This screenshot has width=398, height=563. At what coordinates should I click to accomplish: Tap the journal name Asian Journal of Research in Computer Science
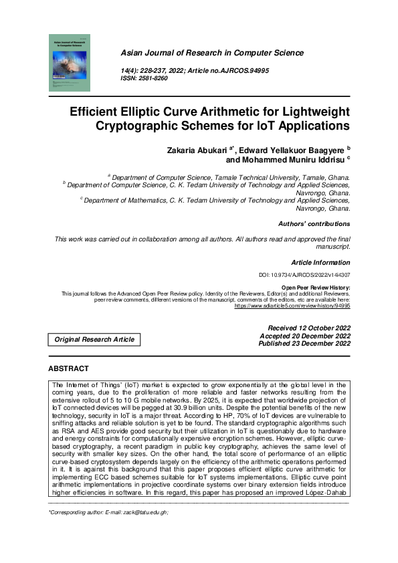pos(212,53)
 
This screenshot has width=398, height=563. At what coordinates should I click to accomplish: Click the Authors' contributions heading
pos(314,224)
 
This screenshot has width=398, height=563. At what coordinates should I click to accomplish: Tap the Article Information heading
pos(320,263)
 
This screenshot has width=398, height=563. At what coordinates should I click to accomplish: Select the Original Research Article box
pos(94,340)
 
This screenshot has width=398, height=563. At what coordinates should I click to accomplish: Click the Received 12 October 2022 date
pos(309,328)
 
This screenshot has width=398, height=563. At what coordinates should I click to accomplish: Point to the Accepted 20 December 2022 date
pos(305,336)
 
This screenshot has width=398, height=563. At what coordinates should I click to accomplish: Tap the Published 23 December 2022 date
pos(304,344)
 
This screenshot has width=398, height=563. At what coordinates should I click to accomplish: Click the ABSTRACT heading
pos(68,368)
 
